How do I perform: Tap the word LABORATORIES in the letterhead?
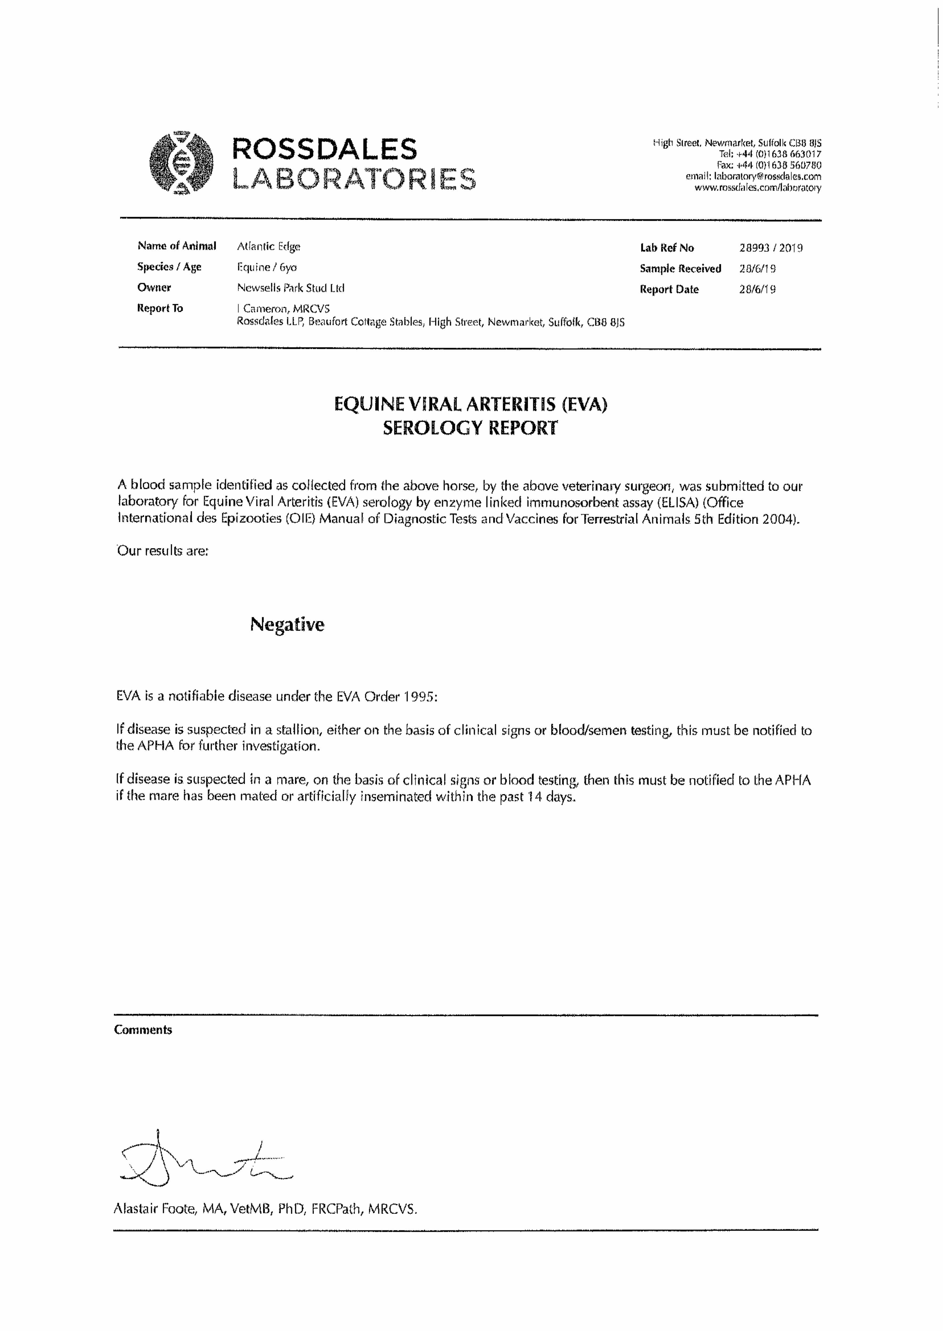[x=354, y=179]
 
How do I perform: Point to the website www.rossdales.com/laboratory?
[x=758, y=188]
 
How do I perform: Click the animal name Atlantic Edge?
[x=268, y=246]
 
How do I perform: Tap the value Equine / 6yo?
[x=266, y=267]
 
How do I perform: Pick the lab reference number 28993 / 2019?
[x=771, y=248]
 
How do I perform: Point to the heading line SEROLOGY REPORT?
[x=470, y=428]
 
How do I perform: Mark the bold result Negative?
[x=287, y=624]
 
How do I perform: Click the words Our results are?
[x=163, y=551]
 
